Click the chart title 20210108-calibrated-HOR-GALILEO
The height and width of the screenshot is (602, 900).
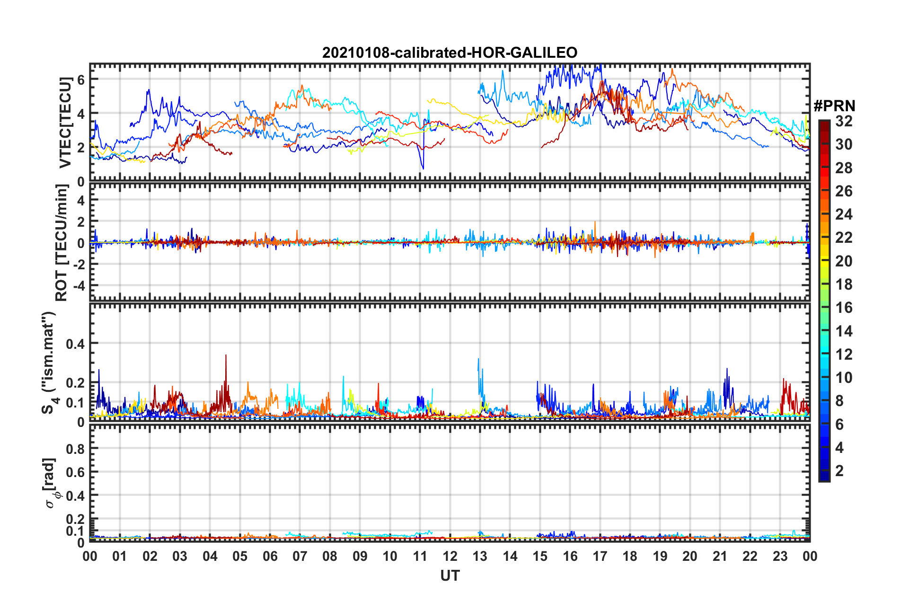pos(450,53)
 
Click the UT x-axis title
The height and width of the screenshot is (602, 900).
pos(450,575)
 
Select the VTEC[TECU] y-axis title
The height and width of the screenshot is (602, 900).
pos(65,122)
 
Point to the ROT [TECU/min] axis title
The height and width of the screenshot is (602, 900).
pos(62,243)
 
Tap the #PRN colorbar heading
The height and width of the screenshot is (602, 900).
pos(834,106)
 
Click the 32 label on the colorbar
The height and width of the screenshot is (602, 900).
pos(844,121)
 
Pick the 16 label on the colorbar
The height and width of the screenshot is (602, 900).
pos(844,308)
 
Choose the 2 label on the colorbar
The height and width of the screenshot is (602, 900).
pos(840,470)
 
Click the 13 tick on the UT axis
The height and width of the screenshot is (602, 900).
pos(480,556)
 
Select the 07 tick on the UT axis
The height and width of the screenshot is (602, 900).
pos(300,556)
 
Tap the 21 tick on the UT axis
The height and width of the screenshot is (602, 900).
pos(720,556)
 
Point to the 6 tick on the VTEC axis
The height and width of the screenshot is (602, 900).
pos(81,80)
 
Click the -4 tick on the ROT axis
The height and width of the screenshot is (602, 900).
pos(78,286)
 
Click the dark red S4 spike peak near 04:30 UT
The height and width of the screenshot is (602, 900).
pos(226,355)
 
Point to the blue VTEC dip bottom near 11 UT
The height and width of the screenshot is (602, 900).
pos(423,168)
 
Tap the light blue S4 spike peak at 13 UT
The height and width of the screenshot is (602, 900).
pos(478,359)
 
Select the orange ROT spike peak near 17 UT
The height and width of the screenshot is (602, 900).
pos(595,221)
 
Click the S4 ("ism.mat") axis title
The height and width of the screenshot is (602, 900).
pos(49,362)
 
